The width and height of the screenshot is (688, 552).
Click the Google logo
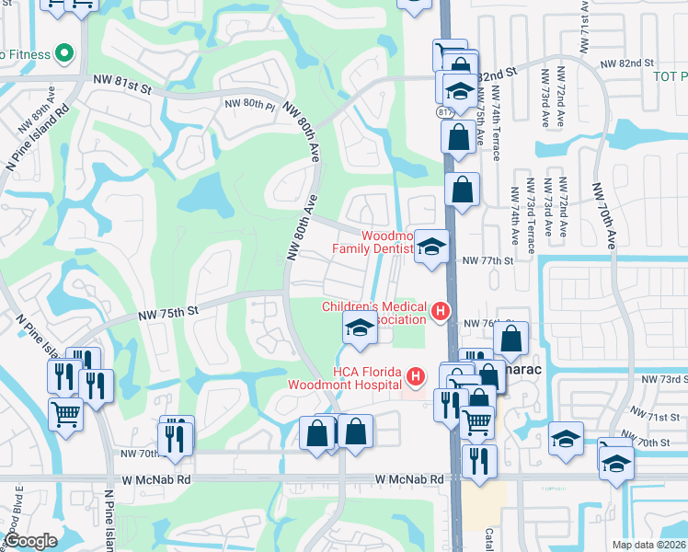click(x=30, y=541)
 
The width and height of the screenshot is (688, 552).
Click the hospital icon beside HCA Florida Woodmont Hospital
click(x=416, y=376)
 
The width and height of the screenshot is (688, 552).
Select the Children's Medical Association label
click(x=374, y=313)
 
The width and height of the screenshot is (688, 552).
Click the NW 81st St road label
click(x=120, y=83)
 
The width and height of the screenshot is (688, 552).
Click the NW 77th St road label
click(x=486, y=261)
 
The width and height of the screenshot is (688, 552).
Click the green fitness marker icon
click(x=63, y=53)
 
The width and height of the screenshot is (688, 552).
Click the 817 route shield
click(x=447, y=111)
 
